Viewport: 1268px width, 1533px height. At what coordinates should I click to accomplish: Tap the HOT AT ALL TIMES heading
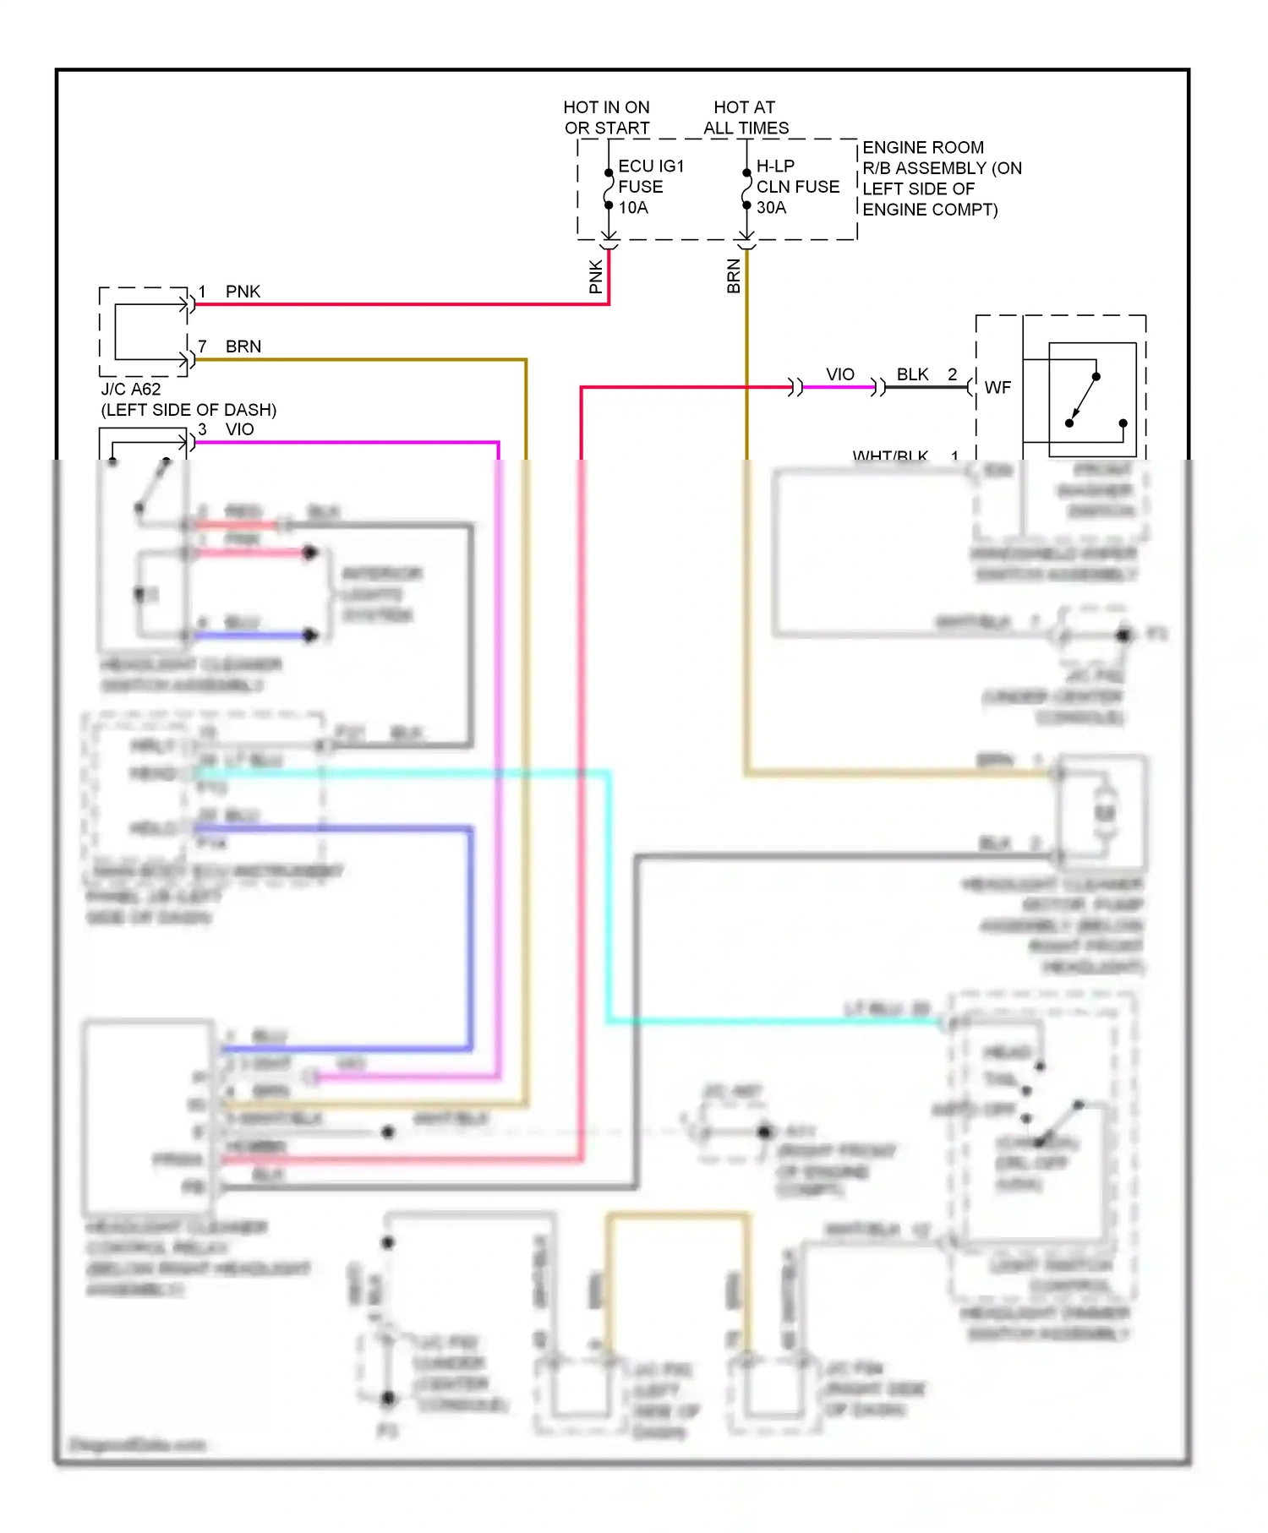[745, 117]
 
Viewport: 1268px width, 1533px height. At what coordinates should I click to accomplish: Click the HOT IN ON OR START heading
[606, 117]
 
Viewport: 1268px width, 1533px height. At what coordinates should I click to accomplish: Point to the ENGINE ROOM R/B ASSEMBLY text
[941, 178]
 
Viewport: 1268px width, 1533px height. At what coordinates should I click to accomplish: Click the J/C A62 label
[131, 390]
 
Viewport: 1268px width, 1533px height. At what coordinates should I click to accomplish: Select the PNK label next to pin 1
[243, 292]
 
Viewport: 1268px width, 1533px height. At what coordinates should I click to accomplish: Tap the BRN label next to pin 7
[243, 346]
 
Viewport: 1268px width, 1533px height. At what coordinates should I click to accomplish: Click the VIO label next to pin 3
[239, 429]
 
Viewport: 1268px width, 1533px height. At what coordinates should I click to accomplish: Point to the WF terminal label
[997, 388]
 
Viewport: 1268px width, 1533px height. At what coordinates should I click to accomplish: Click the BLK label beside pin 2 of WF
[912, 374]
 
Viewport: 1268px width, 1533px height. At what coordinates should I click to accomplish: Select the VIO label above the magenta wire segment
[839, 374]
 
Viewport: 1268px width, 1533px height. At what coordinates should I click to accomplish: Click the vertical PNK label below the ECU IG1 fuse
[596, 276]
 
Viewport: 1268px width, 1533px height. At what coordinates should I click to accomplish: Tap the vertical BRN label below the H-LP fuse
[734, 276]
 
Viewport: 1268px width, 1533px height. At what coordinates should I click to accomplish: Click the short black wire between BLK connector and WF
[926, 388]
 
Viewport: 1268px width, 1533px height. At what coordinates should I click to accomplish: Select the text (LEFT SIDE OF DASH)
[189, 410]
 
